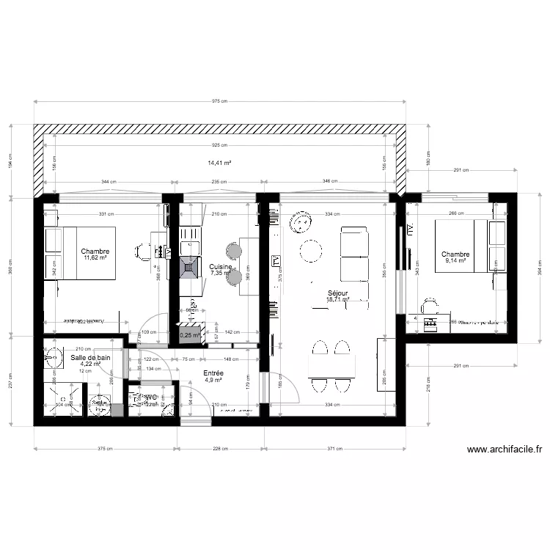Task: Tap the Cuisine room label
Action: click(x=220, y=266)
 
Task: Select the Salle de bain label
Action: click(x=90, y=357)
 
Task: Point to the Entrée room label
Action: click(x=213, y=373)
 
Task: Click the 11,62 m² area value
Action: click(x=95, y=258)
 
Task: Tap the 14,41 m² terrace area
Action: click(x=220, y=163)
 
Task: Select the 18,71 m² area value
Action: click(x=338, y=299)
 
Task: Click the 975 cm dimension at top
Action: click(x=220, y=101)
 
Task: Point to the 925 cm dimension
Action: click(x=220, y=146)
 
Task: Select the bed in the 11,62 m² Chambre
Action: click(x=81, y=254)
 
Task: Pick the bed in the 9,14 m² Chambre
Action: click(x=462, y=246)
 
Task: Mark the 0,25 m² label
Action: click(x=190, y=336)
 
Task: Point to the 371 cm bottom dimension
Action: click(x=334, y=450)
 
